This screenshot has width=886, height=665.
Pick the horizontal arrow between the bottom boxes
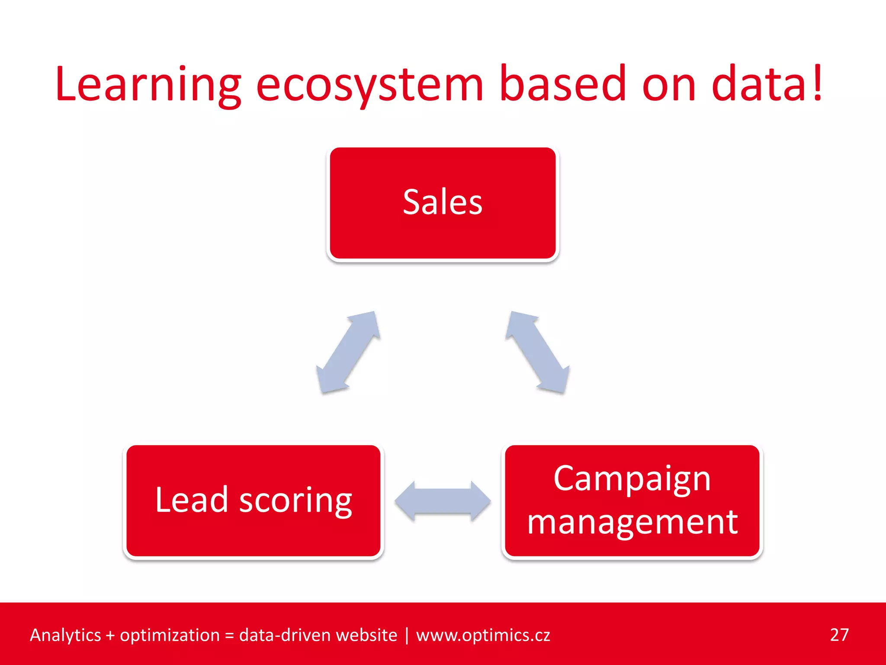[x=443, y=501]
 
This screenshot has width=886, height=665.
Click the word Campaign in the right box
[x=632, y=479]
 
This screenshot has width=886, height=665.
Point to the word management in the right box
[x=632, y=522]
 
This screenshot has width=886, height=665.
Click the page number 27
[x=839, y=635]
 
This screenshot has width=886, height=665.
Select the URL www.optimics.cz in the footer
[x=483, y=635]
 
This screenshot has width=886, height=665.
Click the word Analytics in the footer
[x=65, y=635]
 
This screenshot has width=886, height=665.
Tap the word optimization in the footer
[x=170, y=635]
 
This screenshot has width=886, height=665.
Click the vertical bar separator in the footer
[x=407, y=635]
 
